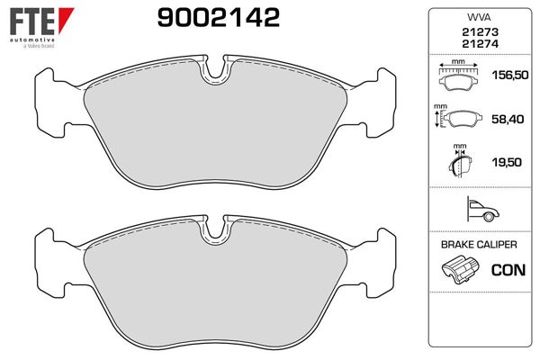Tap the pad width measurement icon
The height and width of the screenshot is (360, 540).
(459, 76)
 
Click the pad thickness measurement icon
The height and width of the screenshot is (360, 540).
(459, 163)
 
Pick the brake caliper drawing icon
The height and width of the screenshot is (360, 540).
(460, 269)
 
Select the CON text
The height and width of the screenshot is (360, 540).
(508, 269)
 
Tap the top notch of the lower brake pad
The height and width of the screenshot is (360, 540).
(215, 230)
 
